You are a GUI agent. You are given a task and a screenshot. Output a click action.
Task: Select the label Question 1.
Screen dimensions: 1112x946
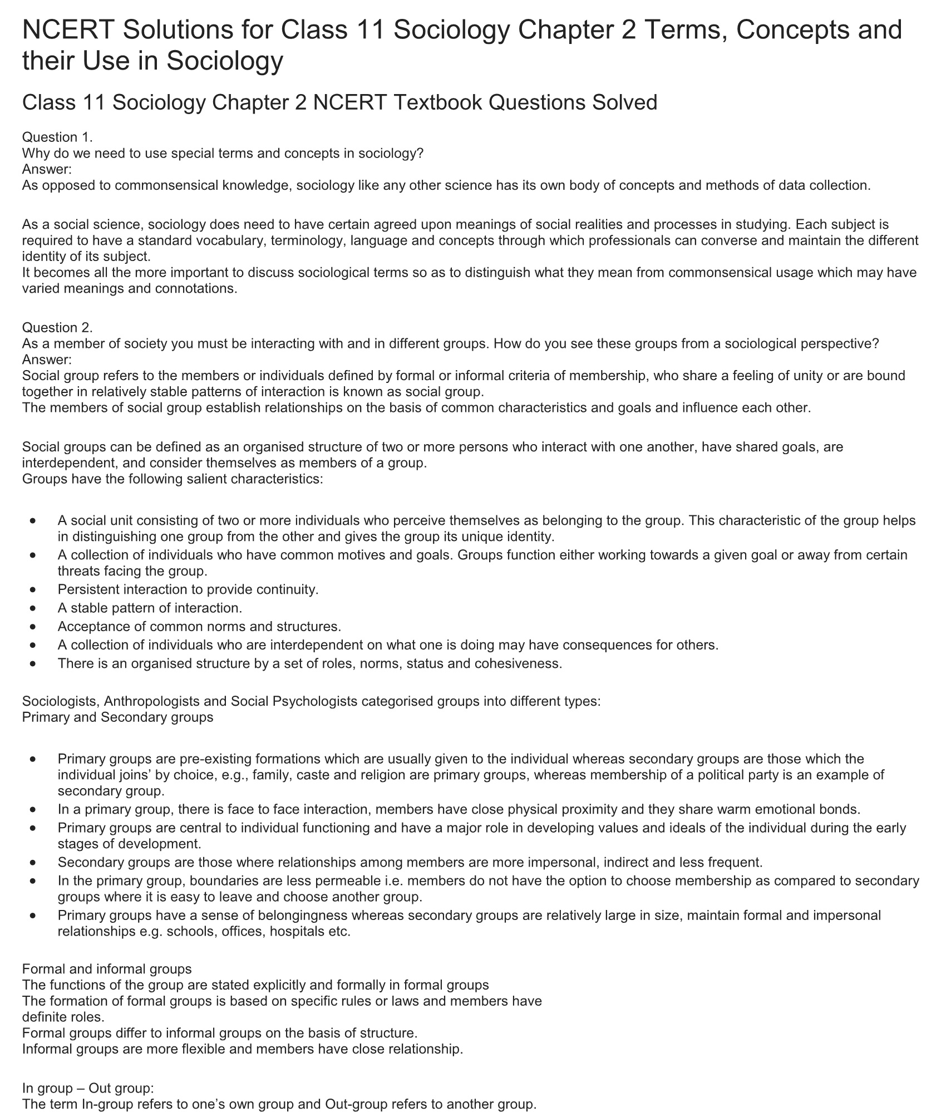57,137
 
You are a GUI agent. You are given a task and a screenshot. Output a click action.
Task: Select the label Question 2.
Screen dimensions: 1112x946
57,327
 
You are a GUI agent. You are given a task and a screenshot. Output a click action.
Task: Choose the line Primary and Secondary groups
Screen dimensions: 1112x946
117,717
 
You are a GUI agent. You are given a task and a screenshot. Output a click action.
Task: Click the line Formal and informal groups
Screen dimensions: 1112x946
107,969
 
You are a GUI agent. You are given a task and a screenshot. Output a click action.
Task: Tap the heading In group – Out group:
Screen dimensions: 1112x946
88,1088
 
